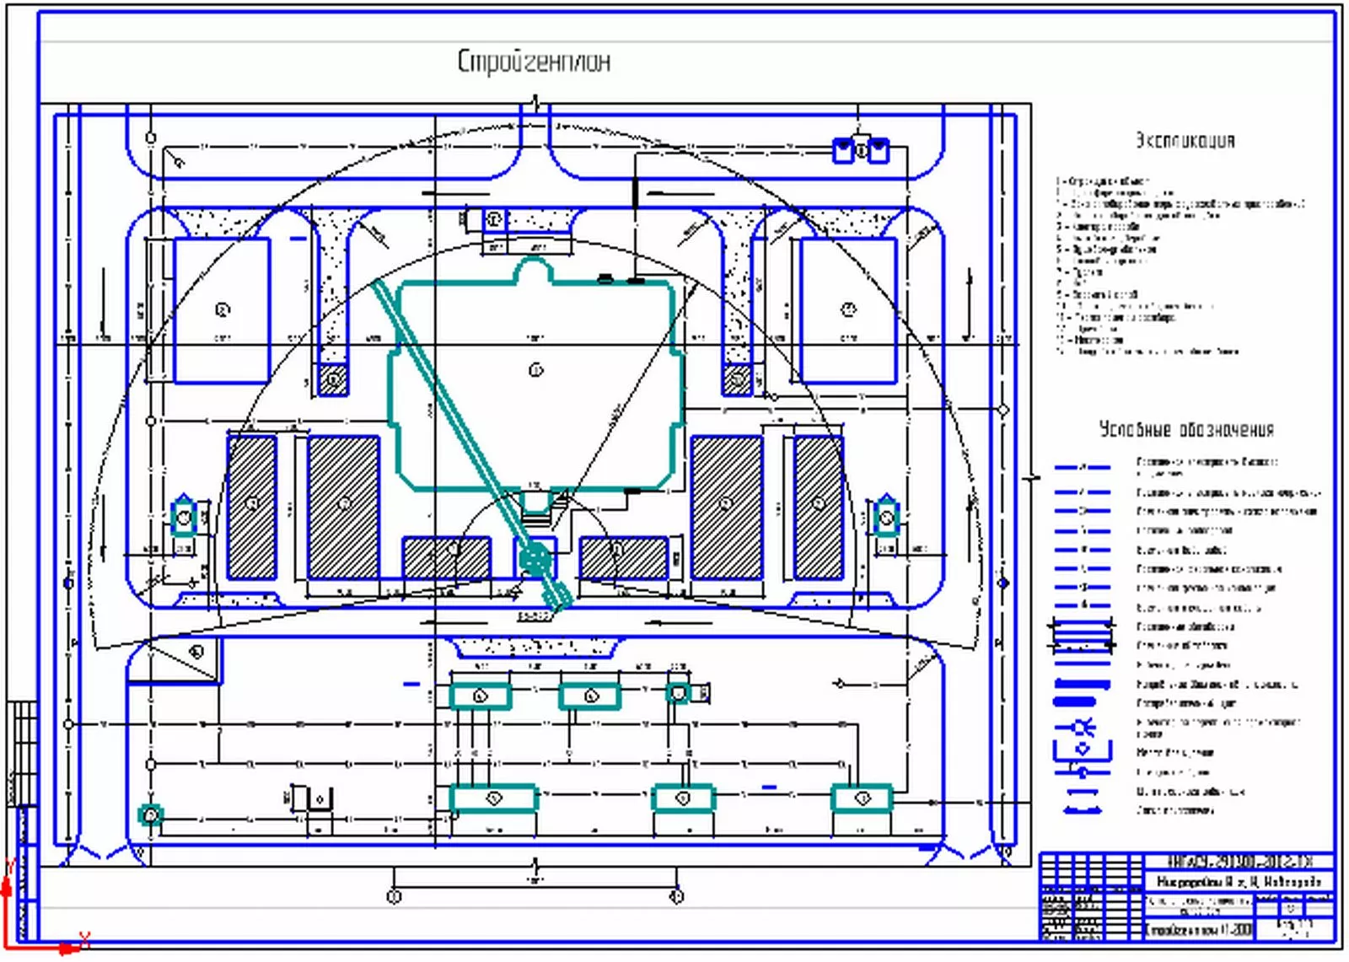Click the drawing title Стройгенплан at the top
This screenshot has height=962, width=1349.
pyautogui.click(x=534, y=62)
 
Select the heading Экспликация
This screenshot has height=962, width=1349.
pyautogui.click(x=1184, y=140)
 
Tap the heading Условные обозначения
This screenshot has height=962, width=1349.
pyautogui.click(x=1185, y=429)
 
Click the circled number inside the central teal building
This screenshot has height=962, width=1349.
pyautogui.click(x=535, y=369)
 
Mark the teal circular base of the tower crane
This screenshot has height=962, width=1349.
pyautogui.click(x=534, y=557)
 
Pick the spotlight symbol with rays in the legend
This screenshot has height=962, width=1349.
pyautogui.click(x=1083, y=727)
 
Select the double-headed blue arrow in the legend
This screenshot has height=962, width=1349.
pyautogui.click(x=1083, y=810)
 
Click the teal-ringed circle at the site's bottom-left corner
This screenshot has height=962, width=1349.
pyautogui.click(x=150, y=815)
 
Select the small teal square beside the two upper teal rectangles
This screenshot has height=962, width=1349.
pyautogui.click(x=678, y=693)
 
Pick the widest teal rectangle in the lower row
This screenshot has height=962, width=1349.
pyautogui.click(x=494, y=798)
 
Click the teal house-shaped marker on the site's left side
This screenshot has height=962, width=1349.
pyautogui.click(x=184, y=516)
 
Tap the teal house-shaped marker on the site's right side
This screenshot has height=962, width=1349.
pyautogui.click(x=885, y=516)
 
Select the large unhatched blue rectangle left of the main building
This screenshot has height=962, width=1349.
pyautogui.click(x=222, y=310)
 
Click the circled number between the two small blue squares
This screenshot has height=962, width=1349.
pyautogui.click(x=861, y=151)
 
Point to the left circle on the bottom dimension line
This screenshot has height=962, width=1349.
pyautogui.click(x=393, y=896)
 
